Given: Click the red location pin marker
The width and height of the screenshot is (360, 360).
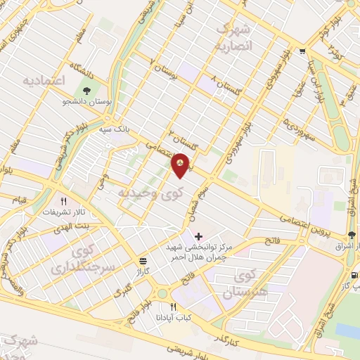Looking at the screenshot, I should pos(181,165).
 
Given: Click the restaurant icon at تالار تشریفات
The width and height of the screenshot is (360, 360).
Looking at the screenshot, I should pos(84,201).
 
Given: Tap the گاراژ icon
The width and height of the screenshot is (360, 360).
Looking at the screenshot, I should pos(144,260).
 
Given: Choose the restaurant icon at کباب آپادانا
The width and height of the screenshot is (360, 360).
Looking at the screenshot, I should pos(174,307).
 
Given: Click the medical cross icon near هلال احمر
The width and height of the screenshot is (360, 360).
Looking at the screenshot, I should pos(198,236).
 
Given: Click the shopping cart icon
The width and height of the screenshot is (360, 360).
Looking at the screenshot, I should pos(302,51).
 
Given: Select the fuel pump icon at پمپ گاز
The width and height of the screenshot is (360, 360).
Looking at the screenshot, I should pos(354,275).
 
